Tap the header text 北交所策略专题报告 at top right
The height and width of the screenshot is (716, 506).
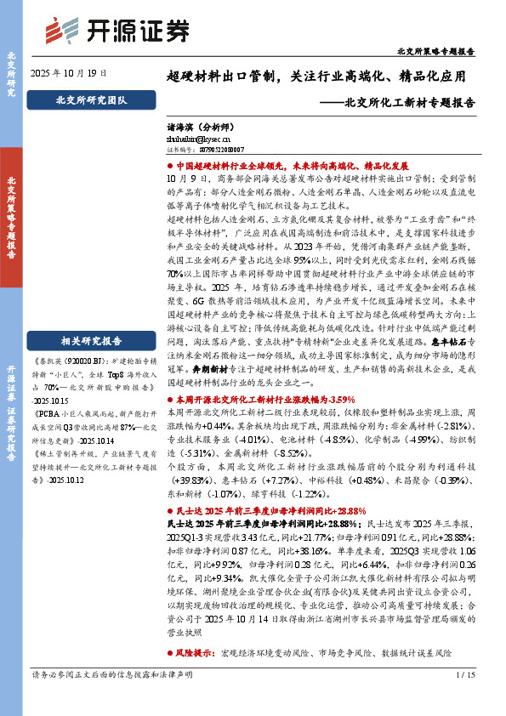pos(435,52)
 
